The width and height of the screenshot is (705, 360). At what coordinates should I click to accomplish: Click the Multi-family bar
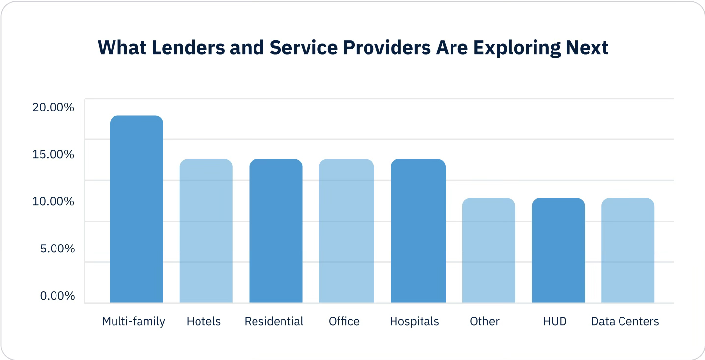[x=136, y=209]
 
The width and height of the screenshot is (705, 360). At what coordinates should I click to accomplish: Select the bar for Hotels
[x=206, y=230]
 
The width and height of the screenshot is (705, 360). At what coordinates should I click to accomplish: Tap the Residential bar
[x=276, y=230]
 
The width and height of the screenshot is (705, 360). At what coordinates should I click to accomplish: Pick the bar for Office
[x=346, y=230]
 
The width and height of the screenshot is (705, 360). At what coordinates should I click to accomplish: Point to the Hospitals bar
[x=418, y=230]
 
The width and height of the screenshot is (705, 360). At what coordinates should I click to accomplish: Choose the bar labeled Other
[x=488, y=250]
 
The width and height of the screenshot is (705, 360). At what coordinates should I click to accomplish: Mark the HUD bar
[x=558, y=250]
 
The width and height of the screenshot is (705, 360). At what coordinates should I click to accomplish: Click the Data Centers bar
[x=628, y=250]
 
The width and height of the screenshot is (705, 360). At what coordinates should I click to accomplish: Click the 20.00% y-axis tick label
[x=53, y=107]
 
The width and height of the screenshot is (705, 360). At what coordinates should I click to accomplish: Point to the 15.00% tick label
[x=53, y=154]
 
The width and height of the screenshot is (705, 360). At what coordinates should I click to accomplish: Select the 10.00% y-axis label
[x=53, y=201]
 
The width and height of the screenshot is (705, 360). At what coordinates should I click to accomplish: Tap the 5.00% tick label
[x=57, y=249]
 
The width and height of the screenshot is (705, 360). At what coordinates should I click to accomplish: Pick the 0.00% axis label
[x=57, y=296]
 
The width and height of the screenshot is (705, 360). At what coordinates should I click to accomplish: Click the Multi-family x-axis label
[x=133, y=321]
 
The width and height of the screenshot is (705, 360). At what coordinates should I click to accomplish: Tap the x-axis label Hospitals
[x=414, y=321]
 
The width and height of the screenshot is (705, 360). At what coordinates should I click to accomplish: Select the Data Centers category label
[x=625, y=321]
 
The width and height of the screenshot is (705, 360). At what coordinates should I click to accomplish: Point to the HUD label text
[x=555, y=321]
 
